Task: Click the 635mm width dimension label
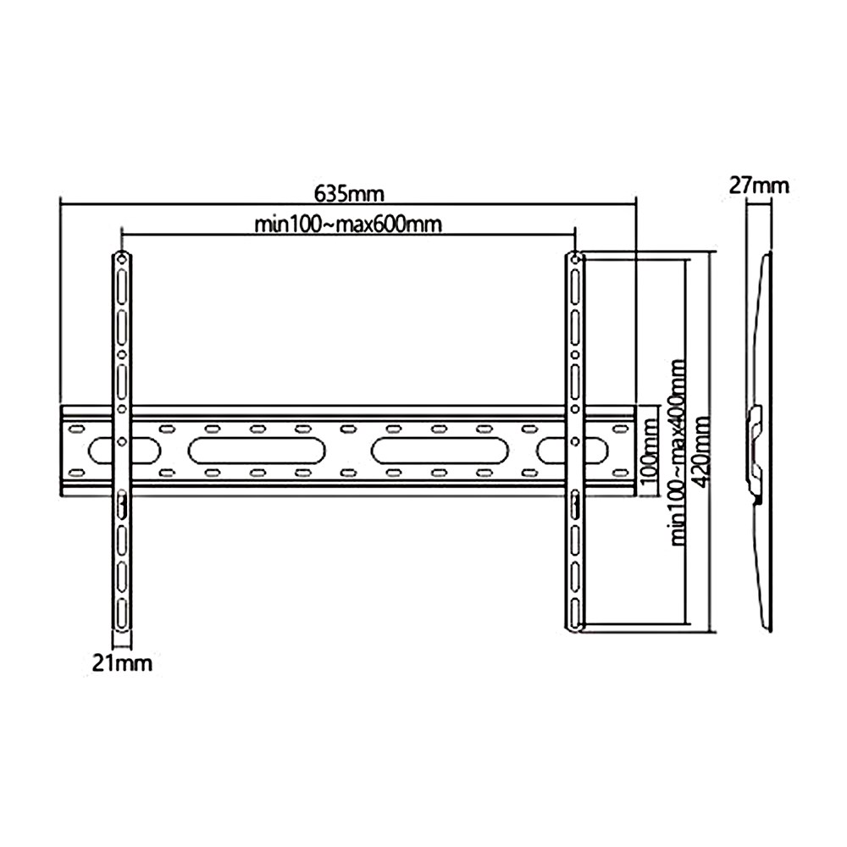pos(349,194)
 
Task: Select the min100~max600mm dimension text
pos(349,224)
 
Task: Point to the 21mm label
pos(123,662)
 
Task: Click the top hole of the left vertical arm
pos(121,257)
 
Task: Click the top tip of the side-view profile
pos(767,253)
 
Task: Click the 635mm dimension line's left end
pos(61,202)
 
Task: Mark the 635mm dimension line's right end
pos(636,202)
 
